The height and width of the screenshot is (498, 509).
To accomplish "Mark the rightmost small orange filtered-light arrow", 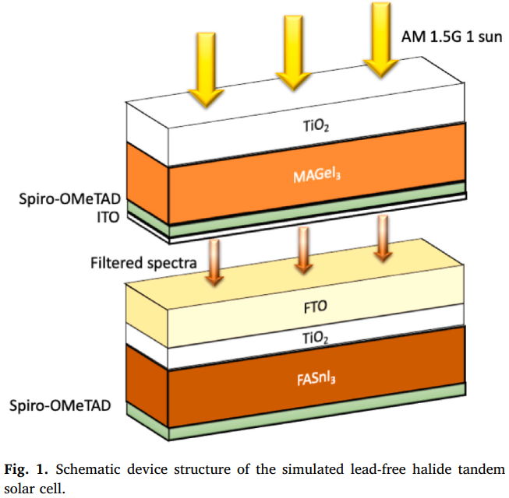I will (383, 238).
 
